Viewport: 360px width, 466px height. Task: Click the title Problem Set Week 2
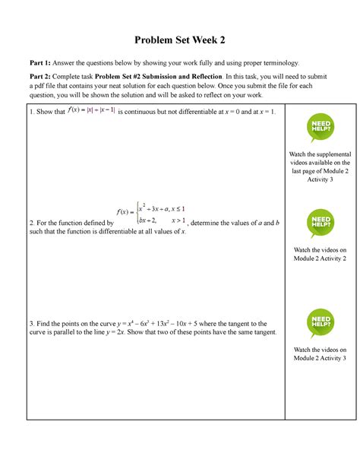tap(180, 40)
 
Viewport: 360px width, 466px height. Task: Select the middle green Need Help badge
tap(320, 223)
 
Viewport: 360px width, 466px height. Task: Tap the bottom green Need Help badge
tap(320, 322)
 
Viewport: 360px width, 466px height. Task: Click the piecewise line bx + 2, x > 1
tap(159, 220)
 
